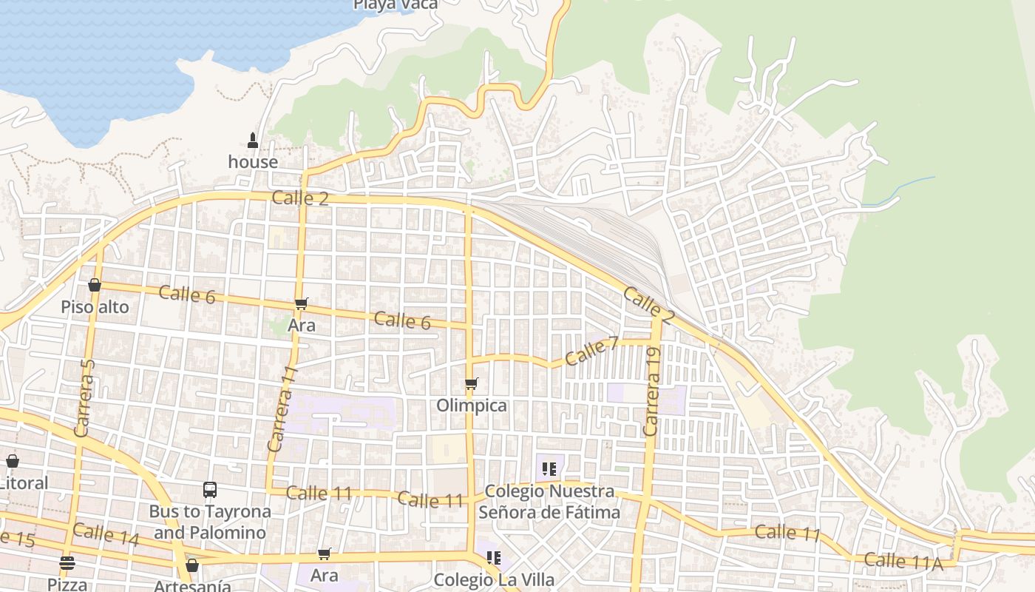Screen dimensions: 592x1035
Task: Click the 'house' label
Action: coord(253,161)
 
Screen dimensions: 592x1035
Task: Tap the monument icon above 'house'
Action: coord(253,140)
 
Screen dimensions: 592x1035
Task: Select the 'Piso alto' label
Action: coord(95,306)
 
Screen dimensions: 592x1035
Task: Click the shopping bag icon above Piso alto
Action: coord(95,285)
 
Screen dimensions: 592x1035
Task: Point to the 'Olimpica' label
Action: coord(472,405)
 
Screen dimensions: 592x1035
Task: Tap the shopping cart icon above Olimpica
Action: coord(472,383)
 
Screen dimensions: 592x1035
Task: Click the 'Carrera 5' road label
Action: coord(85,397)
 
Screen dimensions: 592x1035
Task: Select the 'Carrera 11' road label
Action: coord(282,408)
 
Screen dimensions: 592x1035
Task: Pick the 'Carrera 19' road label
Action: coord(652,393)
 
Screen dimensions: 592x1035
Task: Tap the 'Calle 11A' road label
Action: coord(903,562)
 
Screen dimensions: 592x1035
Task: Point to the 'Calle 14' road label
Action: coord(106,534)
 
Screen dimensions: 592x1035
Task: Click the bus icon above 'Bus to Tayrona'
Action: coord(210,489)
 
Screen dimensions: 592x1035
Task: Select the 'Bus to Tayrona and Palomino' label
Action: coord(210,522)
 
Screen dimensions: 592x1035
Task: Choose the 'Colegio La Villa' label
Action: coord(494,579)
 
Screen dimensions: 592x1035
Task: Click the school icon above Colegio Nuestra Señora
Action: coord(549,468)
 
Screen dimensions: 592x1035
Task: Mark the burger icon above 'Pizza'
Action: coord(67,563)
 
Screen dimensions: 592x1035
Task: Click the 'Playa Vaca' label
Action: coord(396,4)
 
